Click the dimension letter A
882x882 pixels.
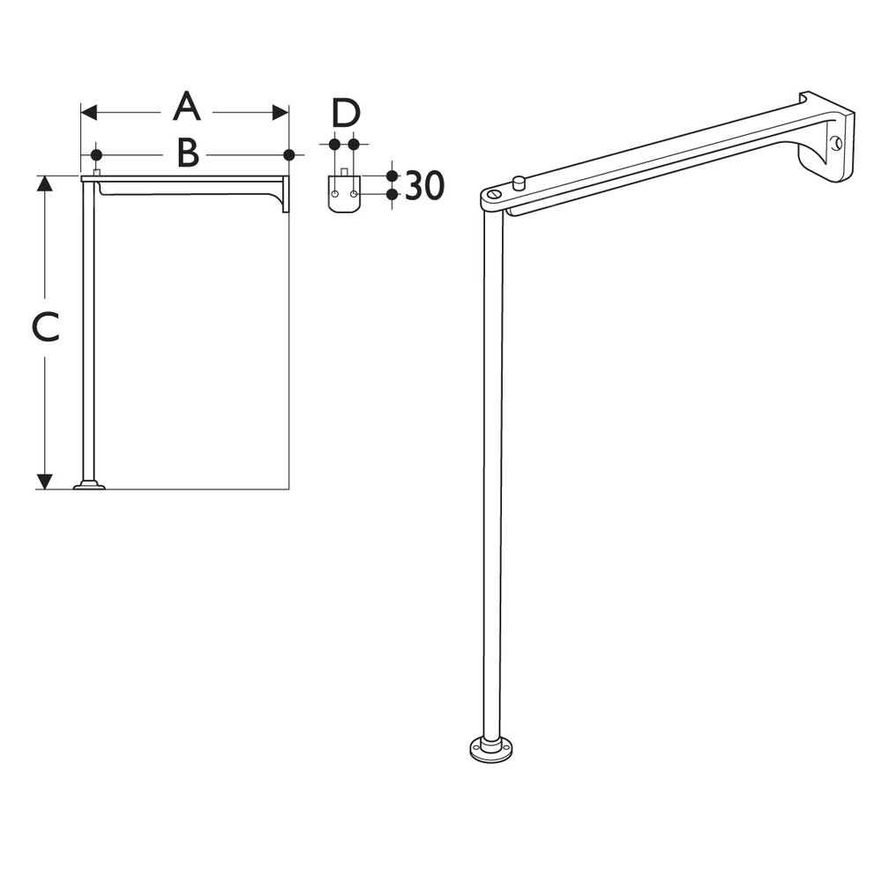point(187,108)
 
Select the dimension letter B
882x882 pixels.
point(188,153)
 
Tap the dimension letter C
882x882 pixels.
point(46,328)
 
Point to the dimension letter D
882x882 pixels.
point(345,113)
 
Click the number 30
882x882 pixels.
point(425,185)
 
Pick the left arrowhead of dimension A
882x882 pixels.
point(89,112)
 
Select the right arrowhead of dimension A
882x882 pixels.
point(280,112)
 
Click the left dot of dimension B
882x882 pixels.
point(96,154)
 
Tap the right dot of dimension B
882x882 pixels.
point(289,154)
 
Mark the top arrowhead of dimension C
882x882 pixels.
point(44,183)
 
